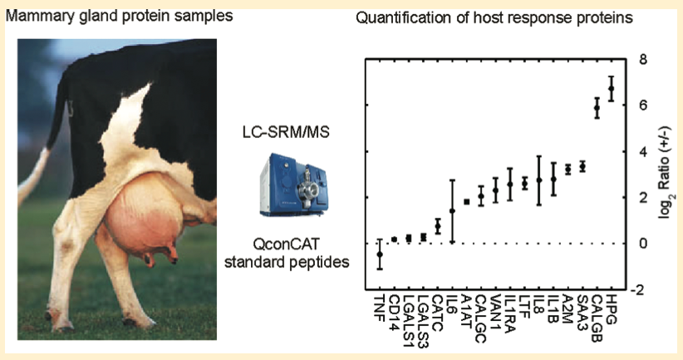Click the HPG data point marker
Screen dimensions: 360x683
coord(612,88)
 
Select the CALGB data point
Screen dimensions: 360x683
coord(597,107)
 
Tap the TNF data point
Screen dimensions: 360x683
coord(380,254)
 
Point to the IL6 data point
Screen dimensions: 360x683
coord(452,211)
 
